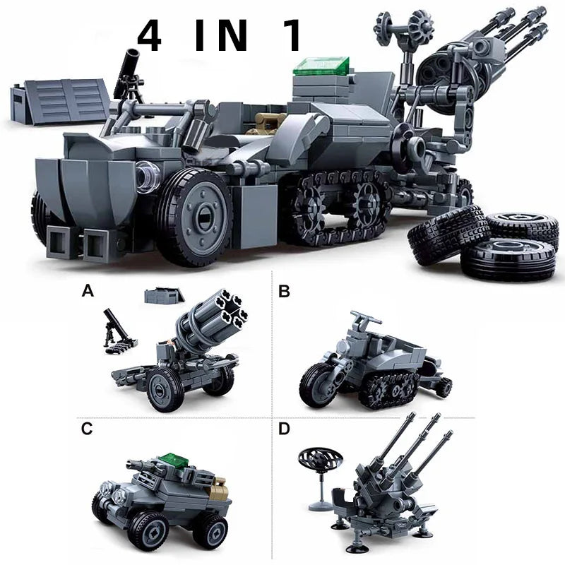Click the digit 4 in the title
149,35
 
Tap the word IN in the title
221,35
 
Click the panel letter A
88,290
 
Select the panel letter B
285,291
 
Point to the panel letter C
87,429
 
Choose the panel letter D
285,429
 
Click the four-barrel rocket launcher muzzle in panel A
231,309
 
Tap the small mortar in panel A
114,331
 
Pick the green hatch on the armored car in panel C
174,461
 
